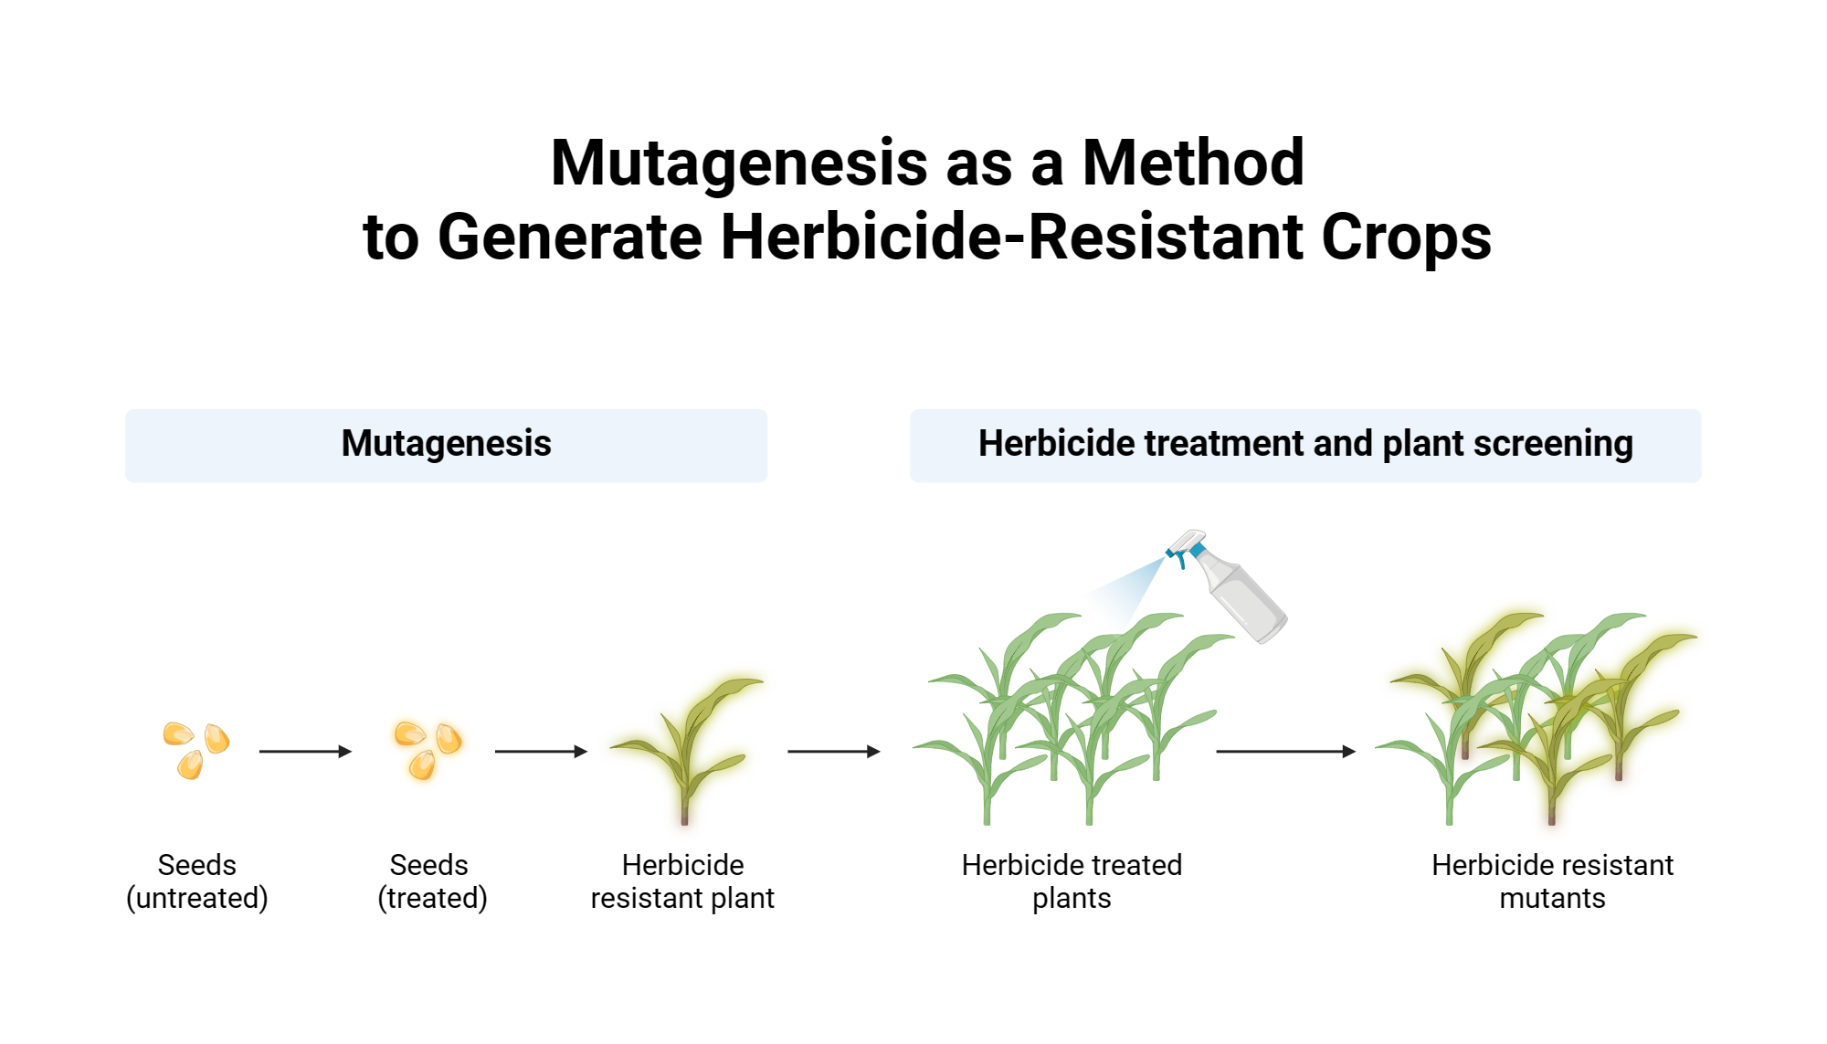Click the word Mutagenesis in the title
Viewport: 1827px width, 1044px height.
(x=738, y=163)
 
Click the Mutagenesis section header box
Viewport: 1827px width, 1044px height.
(x=446, y=445)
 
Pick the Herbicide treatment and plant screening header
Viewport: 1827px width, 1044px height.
(x=1305, y=445)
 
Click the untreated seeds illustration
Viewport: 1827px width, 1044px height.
(x=196, y=749)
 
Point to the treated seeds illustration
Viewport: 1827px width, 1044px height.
(x=428, y=749)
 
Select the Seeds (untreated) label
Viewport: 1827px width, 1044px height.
(x=197, y=881)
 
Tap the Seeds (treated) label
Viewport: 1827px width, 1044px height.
(x=432, y=881)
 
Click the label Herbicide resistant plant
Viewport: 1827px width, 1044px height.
(x=682, y=881)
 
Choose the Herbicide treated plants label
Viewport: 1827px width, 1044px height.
(x=1072, y=881)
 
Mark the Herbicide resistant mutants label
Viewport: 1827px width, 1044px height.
(x=1552, y=881)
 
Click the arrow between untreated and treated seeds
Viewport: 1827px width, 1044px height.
(x=305, y=752)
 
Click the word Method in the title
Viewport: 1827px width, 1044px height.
(x=1193, y=163)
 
